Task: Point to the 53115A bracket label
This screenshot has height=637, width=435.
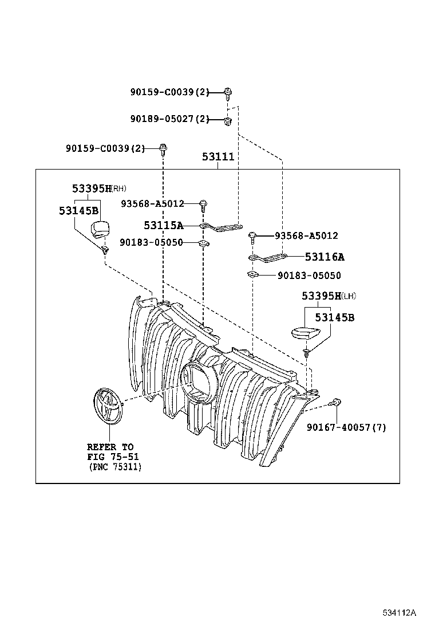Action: coord(163,225)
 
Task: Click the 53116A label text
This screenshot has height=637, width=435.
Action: coord(325,257)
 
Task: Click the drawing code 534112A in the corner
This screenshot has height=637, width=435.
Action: coord(400,613)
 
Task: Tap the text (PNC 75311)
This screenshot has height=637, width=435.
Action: coord(115,467)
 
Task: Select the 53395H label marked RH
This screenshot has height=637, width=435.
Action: coord(92,188)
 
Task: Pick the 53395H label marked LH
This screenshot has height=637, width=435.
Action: coord(322,296)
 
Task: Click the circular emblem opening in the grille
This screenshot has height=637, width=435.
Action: coord(198,380)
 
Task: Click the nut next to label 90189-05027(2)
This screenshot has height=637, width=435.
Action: coord(228,120)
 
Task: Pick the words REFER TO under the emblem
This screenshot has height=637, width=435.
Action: coord(110,446)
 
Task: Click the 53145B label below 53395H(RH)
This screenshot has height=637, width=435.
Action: coord(78,210)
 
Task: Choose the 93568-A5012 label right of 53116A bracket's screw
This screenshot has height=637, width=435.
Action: coord(306,235)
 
